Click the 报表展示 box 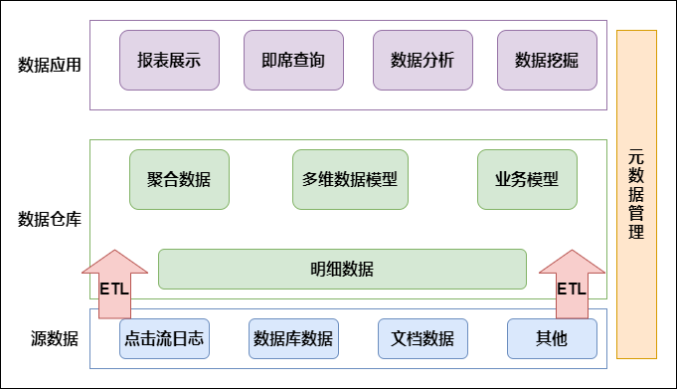pos(169,59)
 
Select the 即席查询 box pos(293,59)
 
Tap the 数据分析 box pos(423,59)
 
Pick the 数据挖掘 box pos(547,59)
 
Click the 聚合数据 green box pos(179,179)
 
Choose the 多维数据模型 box pos(350,179)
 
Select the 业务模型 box pos(527,179)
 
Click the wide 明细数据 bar pos(342,268)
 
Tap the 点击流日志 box pos(164,338)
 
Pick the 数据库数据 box pos(293,338)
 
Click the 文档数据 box pos(423,338)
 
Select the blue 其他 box pos(552,338)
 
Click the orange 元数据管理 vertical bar pos(636,194)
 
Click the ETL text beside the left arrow pos(113,290)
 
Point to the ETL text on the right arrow pos(571,290)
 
